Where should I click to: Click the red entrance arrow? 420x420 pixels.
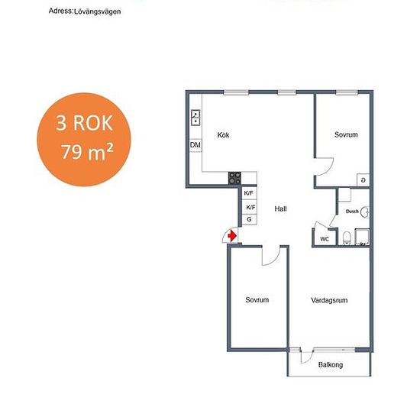[232, 236]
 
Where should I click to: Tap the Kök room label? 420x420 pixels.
[223, 135]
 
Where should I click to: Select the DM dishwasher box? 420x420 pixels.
[195, 145]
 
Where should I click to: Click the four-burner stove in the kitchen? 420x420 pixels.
[234, 178]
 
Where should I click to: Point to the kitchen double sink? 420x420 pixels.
[195, 118]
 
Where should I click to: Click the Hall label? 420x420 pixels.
[280, 208]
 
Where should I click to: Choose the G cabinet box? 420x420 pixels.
[250, 220]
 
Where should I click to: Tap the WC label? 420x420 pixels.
[325, 239]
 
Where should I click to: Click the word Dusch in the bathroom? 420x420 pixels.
[352, 212]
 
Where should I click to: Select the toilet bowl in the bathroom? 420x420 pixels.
[347, 237]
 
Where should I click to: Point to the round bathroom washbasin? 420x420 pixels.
[365, 212]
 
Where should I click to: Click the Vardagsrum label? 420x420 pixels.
[329, 300]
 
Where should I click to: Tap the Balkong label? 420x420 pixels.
[331, 365]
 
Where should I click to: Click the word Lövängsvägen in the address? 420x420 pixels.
[98, 11]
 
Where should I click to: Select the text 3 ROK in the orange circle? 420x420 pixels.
[84, 123]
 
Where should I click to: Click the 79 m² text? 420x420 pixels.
[87, 152]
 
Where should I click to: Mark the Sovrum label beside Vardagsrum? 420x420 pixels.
[257, 300]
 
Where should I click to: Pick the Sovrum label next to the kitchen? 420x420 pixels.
[346, 134]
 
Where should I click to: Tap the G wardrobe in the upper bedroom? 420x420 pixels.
[363, 180]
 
